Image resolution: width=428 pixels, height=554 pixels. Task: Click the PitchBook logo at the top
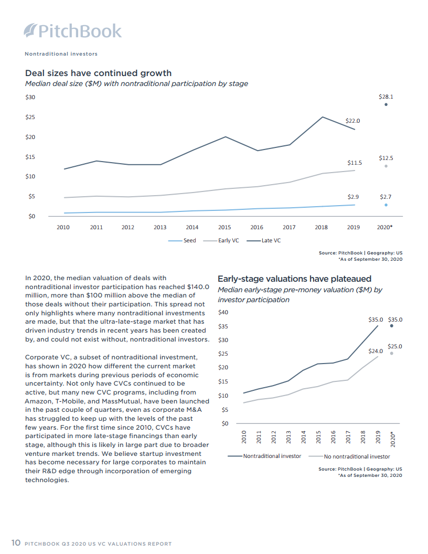point(73,31)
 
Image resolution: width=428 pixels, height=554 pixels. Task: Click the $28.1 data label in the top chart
point(386,97)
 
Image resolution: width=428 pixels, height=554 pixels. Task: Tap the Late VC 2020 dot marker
point(386,104)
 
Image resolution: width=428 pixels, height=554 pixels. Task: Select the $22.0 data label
point(353,121)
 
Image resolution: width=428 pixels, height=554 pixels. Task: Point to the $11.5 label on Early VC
point(355,163)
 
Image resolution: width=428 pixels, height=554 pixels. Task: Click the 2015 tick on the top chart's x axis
point(224,228)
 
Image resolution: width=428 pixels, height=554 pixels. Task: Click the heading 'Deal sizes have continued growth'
point(98,73)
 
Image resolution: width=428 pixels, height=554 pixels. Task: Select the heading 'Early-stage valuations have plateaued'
point(294,279)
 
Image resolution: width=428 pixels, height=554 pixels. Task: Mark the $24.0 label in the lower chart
point(376,351)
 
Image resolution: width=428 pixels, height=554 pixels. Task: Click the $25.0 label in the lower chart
point(395,346)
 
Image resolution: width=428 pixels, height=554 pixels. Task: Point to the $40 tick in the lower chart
point(223,313)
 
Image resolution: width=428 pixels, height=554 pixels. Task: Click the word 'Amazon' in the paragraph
point(39,401)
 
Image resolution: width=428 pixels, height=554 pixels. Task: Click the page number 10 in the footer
point(16,543)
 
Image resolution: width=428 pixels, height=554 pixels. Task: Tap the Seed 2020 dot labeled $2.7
point(386,205)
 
